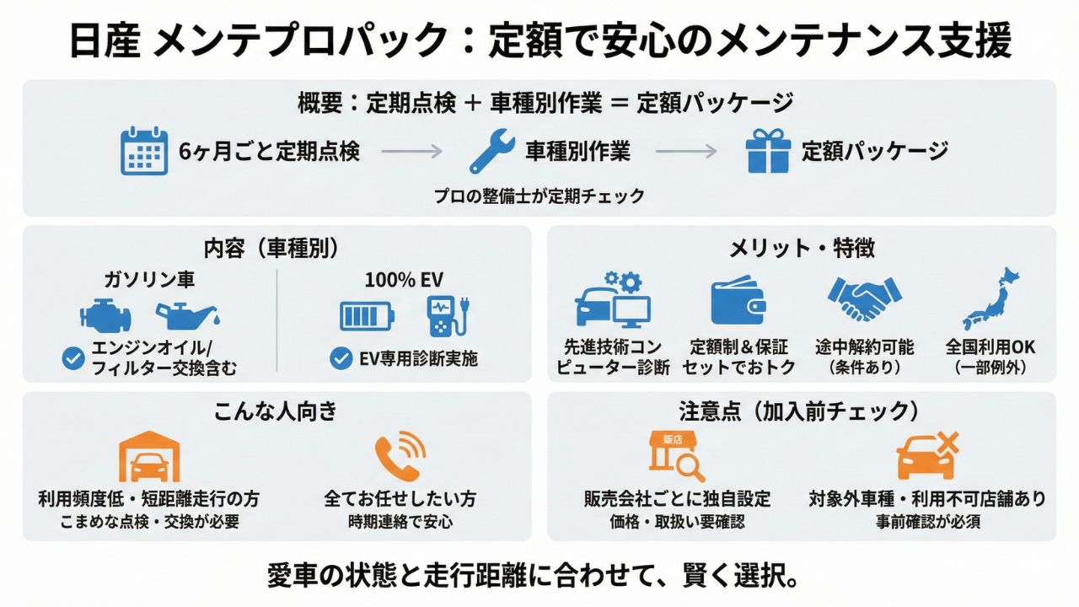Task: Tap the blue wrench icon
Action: click(x=492, y=152)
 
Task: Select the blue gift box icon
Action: click(x=768, y=152)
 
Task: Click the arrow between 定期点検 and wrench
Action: click(x=411, y=152)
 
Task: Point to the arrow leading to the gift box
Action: click(x=686, y=152)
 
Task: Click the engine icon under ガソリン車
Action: click(x=105, y=316)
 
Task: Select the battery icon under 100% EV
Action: click(x=367, y=316)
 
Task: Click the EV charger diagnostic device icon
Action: click(x=445, y=314)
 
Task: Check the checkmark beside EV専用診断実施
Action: click(x=341, y=358)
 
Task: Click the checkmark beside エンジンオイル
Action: click(x=73, y=358)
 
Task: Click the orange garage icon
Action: click(x=149, y=458)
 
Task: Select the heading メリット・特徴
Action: click(x=802, y=248)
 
